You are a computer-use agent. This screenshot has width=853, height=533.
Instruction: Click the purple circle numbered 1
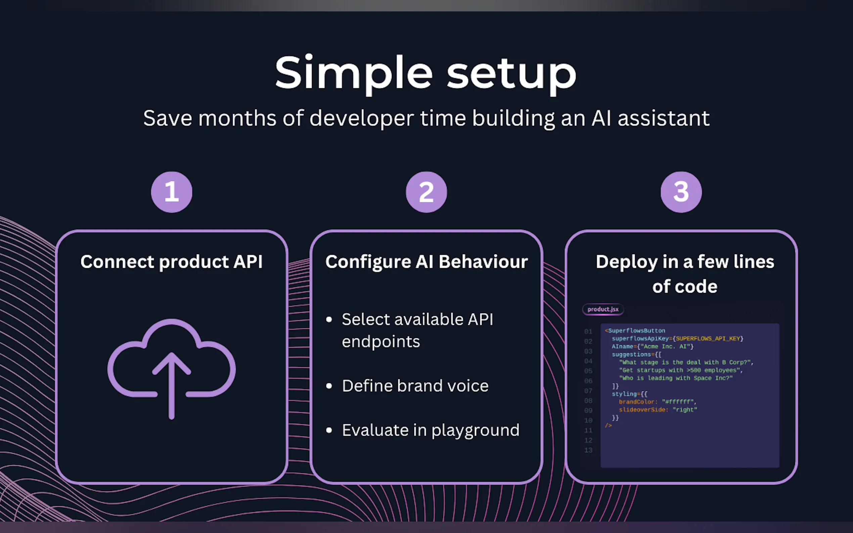coord(171,192)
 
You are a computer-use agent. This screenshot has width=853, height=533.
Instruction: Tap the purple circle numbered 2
coord(426,192)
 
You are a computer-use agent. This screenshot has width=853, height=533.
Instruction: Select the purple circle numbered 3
coord(681,192)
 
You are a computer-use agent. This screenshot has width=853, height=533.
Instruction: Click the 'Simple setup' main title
coord(425,73)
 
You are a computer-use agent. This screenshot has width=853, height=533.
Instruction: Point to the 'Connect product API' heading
coord(171,262)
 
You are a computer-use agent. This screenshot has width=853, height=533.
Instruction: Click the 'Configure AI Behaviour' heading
coord(426,262)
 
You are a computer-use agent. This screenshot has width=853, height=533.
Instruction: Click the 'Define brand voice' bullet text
coord(415,386)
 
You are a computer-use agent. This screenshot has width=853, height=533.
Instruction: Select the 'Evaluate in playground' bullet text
coord(431,430)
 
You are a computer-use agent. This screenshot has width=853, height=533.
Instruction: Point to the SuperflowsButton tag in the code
coord(636,331)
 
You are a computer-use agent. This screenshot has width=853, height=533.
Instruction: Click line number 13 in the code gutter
coord(588,450)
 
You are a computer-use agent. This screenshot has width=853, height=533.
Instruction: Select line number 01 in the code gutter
coord(588,331)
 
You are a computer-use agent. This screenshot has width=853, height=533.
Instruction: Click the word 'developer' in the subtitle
coord(361,118)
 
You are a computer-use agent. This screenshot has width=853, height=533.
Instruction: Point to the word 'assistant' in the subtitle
coord(663,118)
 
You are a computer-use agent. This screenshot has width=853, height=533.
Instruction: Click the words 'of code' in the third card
coord(684,286)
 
